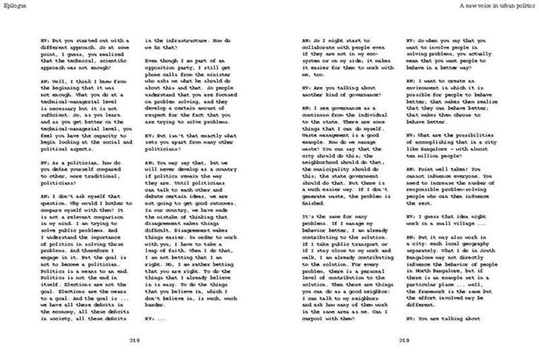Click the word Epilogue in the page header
coord(13,5)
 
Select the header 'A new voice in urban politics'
coord(493,5)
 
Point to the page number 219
coord(404,340)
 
